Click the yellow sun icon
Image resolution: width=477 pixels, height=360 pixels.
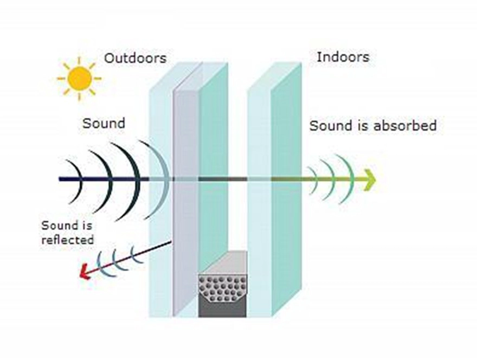[x=79, y=79]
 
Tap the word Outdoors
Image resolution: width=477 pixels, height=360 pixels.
[x=136, y=58]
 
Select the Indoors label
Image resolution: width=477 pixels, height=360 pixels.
[x=343, y=57]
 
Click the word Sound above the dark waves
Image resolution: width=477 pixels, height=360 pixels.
[x=104, y=123]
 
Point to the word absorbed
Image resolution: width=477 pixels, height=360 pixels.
[x=405, y=125]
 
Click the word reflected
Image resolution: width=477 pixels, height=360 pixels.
[x=68, y=240]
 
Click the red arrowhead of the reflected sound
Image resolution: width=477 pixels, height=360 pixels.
[x=85, y=272]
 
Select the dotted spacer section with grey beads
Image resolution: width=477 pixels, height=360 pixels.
[x=222, y=288]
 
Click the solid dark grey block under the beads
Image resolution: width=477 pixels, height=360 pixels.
[x=222, y=310]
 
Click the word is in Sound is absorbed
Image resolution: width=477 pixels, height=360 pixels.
[x=363, y=125]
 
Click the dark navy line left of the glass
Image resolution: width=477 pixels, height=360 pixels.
[x=104, y=179]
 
